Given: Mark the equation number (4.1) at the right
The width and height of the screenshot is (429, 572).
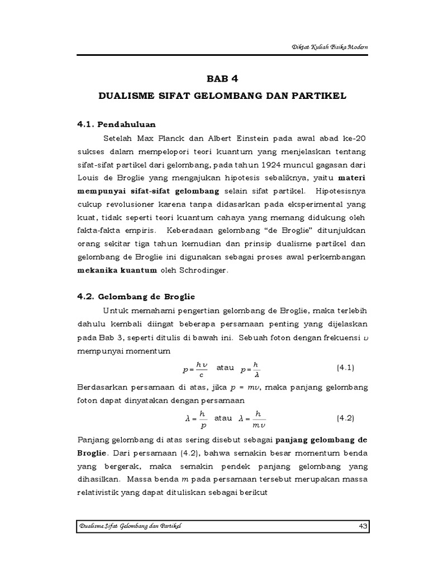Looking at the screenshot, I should point(346,369).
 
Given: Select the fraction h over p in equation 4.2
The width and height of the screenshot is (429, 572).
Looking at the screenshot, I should point(203,418).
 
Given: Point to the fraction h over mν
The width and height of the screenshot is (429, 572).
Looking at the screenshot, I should point(258,418).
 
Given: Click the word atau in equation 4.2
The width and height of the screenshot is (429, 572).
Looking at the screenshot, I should point(223,417).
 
